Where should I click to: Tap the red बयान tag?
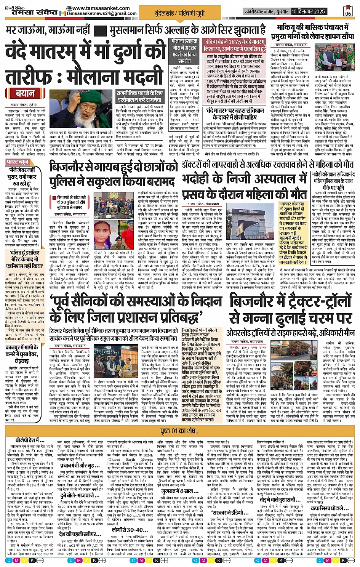(x=25, y=93)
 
